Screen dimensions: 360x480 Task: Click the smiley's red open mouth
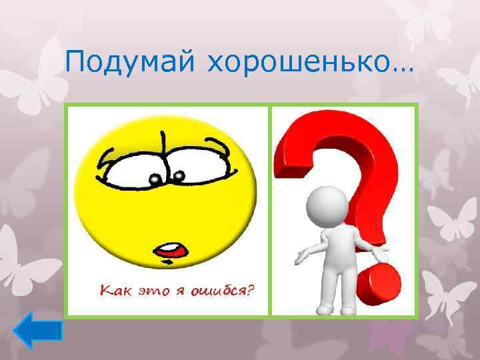pos(169,251)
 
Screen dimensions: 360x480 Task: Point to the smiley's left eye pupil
pos(154,179)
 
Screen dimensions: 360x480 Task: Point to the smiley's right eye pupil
pos(178,176)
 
